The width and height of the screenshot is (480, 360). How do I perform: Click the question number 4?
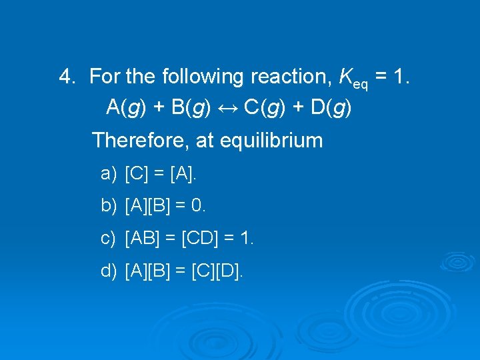[67, 77]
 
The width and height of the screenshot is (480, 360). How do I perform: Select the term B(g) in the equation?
[191, 107]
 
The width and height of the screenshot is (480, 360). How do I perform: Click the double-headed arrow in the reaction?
[228, 107]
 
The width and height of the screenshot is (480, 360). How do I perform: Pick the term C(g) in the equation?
[264, 107]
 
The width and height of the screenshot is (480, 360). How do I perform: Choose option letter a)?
[108, 175]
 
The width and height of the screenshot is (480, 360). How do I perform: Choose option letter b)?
[108, 206]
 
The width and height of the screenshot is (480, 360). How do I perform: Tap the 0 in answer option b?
[197, 206]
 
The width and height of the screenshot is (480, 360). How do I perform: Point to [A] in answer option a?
[183, 175]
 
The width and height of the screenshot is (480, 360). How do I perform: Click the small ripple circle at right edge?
[458, 262]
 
